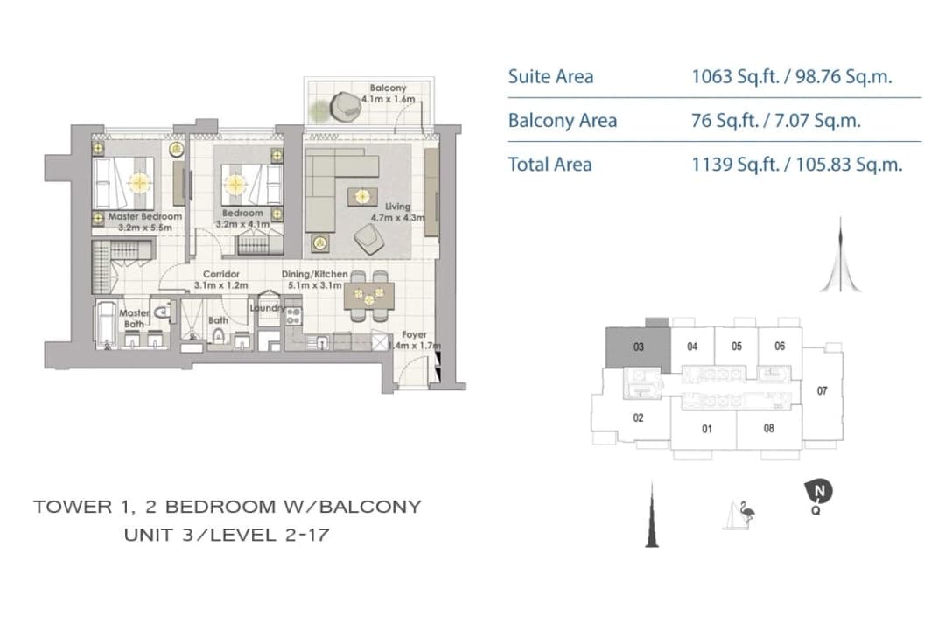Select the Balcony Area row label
point(563,121)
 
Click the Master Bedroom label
point(145,216)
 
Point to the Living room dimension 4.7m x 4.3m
point(398,218)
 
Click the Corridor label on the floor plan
point(221,274)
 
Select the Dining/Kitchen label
point(315,274)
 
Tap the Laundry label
point(268,308)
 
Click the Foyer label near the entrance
point(414,334)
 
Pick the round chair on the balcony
point(346,106)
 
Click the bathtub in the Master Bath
point(107,325)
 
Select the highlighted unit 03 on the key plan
point(638,347)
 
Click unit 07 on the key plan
point(822,391)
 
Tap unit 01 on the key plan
point(707,429)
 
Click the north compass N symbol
point(818,492)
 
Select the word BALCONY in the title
point(370,507)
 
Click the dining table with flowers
point(369,296)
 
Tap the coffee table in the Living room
point(362,197)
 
